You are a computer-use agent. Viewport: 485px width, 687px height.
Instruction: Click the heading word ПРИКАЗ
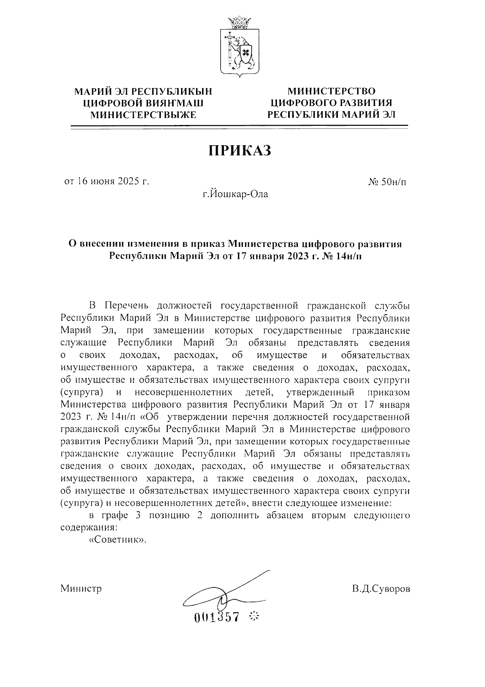[239, 151]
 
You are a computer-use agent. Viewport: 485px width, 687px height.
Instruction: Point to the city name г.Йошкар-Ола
[235, 194]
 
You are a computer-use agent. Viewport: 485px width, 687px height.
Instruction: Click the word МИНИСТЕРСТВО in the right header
[331, 91]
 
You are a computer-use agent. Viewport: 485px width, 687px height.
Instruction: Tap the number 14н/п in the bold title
[347, 256]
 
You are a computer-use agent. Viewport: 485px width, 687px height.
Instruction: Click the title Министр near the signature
[81, 588]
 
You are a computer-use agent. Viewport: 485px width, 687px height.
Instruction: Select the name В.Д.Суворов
[380, 588]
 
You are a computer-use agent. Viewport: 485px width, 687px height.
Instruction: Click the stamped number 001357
[217, 617]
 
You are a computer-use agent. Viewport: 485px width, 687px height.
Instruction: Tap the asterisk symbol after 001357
[254, 617]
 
